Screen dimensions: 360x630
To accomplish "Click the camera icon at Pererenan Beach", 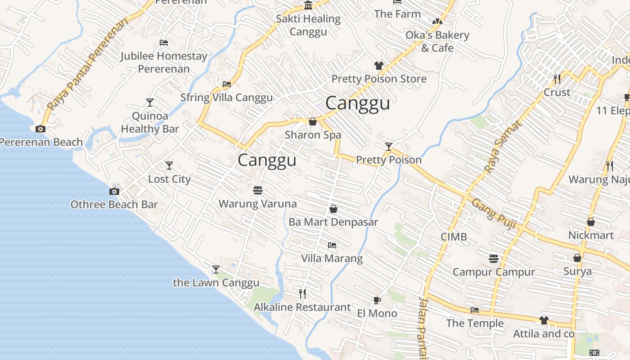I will click(40, 129).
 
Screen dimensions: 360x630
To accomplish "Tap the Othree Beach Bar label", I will click(114, 205).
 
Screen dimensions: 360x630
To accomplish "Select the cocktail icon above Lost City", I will click(169, 166).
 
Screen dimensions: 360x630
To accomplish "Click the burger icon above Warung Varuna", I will click(258, 190).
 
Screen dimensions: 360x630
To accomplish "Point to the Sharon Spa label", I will click(313, 135).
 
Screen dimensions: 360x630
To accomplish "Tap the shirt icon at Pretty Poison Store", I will click(378, 66).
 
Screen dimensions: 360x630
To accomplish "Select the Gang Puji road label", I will click(493, 214).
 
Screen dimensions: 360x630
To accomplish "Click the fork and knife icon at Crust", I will click(557, 79).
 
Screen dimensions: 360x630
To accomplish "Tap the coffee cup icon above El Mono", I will click(377, 300).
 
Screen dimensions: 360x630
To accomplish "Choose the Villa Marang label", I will click(332, 258).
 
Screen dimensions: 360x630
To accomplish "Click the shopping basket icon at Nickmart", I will click(591, 222).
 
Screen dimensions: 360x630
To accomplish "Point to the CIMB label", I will click(454, 237).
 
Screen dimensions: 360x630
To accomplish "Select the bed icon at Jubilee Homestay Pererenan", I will click(164, 43).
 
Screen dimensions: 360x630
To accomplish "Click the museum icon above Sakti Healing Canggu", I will click(308, 5).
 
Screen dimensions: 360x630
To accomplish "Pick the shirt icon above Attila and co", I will click(544, 320).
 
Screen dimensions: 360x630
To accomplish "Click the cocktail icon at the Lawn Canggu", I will click(216, 270).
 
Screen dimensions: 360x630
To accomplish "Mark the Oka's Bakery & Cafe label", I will click(431, 41).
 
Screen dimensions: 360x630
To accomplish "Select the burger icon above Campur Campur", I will click(494, 259).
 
